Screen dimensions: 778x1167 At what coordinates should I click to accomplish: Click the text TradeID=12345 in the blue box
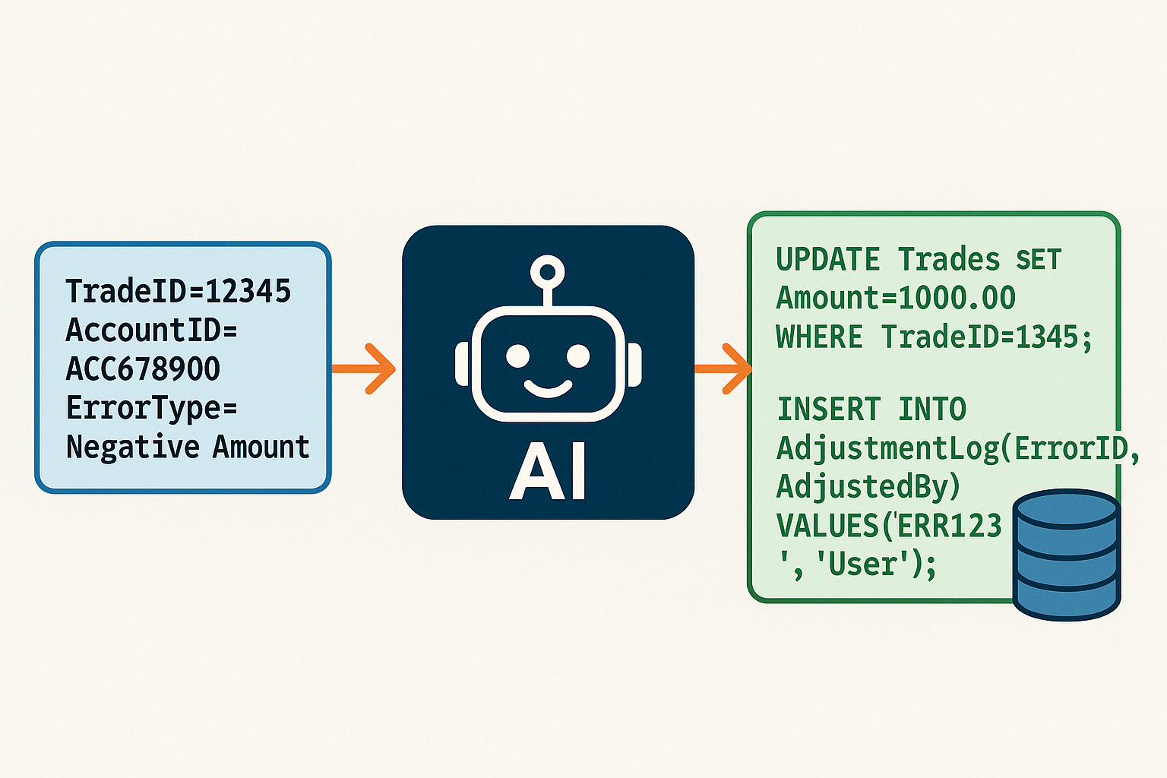(x=178, y=291)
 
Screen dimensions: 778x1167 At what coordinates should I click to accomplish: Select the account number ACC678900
(x=143, y=369)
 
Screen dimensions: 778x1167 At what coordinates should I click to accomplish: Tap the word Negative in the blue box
(x=133, y=447)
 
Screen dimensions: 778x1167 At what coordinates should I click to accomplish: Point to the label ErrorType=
(x=151, y=408)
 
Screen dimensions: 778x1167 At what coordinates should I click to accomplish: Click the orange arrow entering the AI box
(x=365, y=368)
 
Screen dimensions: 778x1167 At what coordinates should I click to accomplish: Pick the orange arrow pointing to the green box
(x=723, y=368)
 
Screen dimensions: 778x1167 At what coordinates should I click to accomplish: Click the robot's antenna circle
(x=548, y=270)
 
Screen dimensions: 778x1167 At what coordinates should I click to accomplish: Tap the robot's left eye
(x=518, y=356)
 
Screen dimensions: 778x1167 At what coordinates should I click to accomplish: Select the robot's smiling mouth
(x=548, y=388)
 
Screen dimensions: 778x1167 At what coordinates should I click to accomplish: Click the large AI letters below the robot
(x=548, y=472)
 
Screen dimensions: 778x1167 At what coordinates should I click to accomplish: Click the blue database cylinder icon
(x=1067, y=554)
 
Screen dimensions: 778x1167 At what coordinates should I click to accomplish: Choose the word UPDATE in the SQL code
(x=827, y=260)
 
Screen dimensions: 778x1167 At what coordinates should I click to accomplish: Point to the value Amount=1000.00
(x=895, y=298)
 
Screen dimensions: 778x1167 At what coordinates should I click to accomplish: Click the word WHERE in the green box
(x=819, y=337)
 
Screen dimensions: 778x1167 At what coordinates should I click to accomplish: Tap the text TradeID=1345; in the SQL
(x=986, y=337)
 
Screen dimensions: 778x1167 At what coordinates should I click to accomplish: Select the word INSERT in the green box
(x=829, y=410)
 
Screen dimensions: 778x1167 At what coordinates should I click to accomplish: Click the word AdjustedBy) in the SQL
(x=868, y=486)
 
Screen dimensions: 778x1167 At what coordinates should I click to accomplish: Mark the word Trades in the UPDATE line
(x=948, y=260)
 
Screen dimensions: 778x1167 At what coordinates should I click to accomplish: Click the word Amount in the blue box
(x=261, y=447)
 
